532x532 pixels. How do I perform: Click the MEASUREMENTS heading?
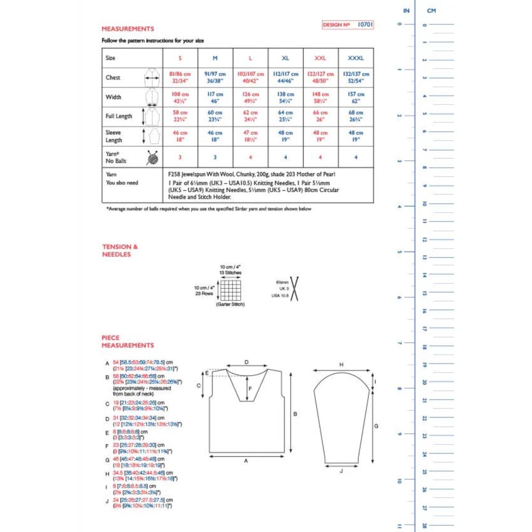pyautogui.click(x=128, y=29)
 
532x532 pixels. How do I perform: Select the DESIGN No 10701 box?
pyautogui.click(x=348, y=24)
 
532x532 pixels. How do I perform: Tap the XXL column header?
pyautogui.click(x=321, y=58)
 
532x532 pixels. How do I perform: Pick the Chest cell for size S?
pyautogui.click(x=180, y=77)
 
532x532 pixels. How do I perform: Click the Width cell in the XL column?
pyautogui.click(x=285, y=97)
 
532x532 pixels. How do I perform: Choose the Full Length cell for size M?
pyautogui.click(x=215, y=116)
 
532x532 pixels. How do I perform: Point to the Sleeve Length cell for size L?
pyautogui.click(x=250, y=136)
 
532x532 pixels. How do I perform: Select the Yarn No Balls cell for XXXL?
pyautogui.click(x=356, y=157)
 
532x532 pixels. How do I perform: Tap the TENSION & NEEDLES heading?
pyautogui.click(x=120, y=250)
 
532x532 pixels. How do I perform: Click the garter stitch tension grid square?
pyautogui.click(x=231, y=289)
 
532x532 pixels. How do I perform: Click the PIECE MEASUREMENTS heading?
pyautogui.click(x=128, y=341)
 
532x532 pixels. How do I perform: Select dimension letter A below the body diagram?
pyautogui.click(x=246, y=461)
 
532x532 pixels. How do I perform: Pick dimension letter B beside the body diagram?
pyautogui.click(x=295, y=414)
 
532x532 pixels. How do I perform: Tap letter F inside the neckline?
pyautogui.click(x=250, y=388)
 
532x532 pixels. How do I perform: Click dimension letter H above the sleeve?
pyautogui.click(x=341, y=365)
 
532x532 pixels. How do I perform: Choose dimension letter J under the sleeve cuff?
pyautogui.click(x=341, y=471)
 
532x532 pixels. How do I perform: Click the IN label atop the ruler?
pyautogui.click(x=406, y=10)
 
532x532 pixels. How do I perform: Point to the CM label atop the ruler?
pyautogui.click(x=431, y=10)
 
